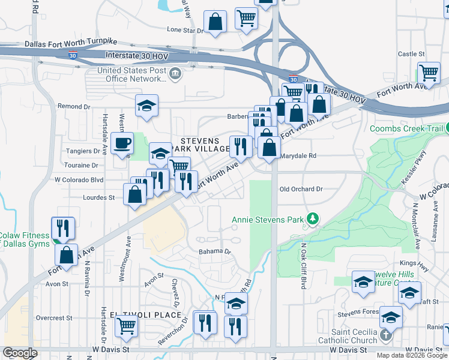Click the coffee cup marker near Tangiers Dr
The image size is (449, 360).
(122, 144)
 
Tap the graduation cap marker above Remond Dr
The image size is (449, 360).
(146, 106)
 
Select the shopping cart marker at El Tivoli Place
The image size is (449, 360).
(127, 326)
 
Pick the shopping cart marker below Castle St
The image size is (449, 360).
(429, 73)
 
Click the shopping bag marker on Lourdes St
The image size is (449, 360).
(135, 194)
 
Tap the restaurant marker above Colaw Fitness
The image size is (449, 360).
(63, 227)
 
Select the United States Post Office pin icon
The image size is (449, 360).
(175, 74)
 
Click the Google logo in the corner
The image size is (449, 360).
(20, 353)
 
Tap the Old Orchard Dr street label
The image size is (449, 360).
(301, 189)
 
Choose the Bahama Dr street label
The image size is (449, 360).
(215, 252)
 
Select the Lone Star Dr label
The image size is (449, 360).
(185, 29)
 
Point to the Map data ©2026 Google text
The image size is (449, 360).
(411, 355)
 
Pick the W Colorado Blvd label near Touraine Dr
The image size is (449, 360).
(79, 179)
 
